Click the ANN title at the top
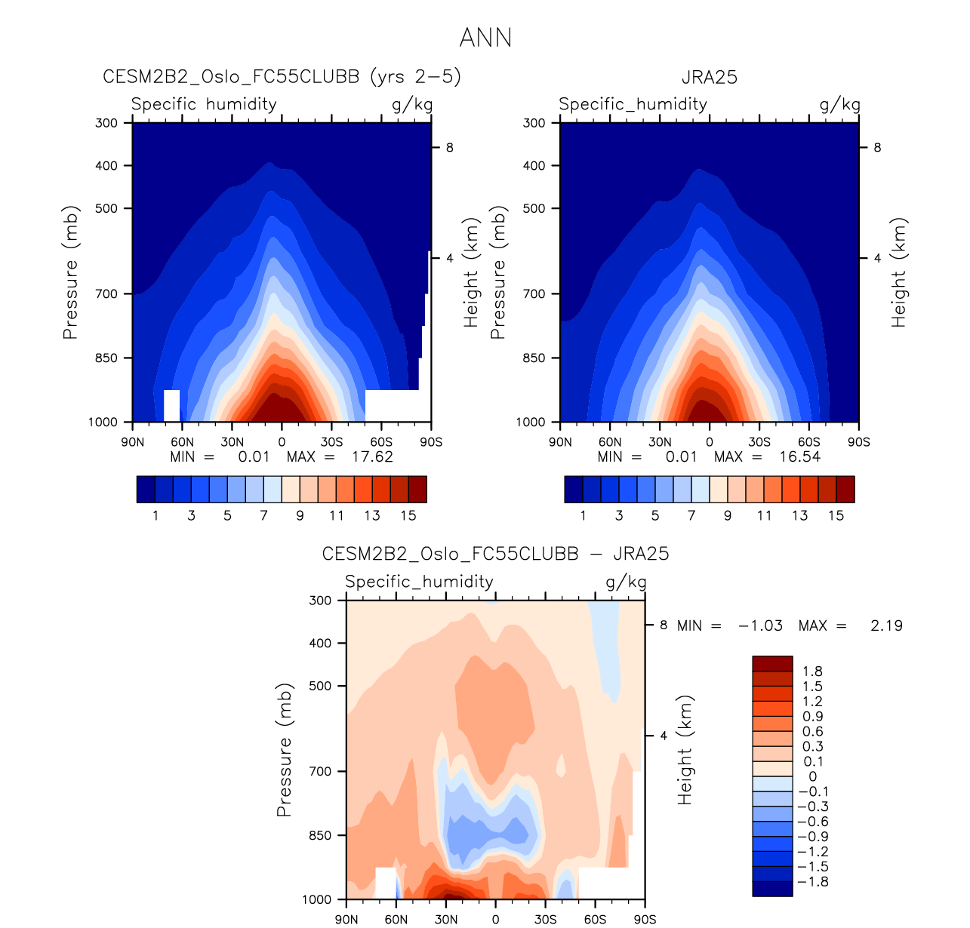tap(485, 38)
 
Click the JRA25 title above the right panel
tap(709, 78)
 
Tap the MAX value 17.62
tap(372, 456)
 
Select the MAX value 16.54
tap(799, 456)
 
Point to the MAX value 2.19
tap(886, 625)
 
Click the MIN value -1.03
tap(760, 625)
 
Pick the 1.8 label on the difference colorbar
tap(812, 671)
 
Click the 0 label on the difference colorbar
tap(812, 776)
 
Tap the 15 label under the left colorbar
tap(408, 516)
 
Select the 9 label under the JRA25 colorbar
tap(728, 516)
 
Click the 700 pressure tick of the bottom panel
tap(321, 771)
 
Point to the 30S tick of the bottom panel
tap(546, 919)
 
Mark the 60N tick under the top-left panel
tap(182, 442)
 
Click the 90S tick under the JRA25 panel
tap(858, 442)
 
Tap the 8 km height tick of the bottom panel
tap(664, 625)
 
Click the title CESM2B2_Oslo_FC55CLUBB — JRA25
tap(495, 555)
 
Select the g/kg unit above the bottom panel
tap(626, 582)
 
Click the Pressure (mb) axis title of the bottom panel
tap(284, 750)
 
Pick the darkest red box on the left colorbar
tap(417, 489)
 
